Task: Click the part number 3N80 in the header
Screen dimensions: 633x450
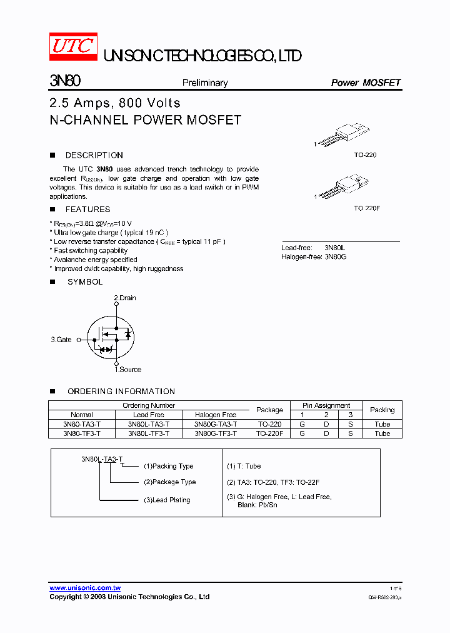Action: coord(64,81)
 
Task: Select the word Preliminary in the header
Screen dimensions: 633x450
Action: coord(205,83)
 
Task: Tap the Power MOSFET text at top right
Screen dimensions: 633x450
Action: coord(365,83)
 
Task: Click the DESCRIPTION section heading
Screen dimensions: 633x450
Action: coord(94,155)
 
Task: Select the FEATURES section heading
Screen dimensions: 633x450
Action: coord(87,210)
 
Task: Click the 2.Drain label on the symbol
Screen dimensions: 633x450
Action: coord(125,298)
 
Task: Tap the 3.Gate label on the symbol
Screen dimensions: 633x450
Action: coord(61,340)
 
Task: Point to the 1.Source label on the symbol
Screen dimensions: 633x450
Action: coord(127,370)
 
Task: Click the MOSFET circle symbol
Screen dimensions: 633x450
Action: coord(110,339)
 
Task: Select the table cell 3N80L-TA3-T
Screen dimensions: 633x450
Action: coord(149,424)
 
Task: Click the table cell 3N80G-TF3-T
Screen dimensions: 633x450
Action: coord(216,433)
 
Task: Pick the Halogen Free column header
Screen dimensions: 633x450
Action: coord(216,415)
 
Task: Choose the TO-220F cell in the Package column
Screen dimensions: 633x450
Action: coord(270,433)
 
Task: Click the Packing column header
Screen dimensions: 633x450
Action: coord(382,410)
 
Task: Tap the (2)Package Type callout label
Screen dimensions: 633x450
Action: coord(169,482)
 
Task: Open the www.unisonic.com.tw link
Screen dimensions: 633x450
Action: coord(85,588)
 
